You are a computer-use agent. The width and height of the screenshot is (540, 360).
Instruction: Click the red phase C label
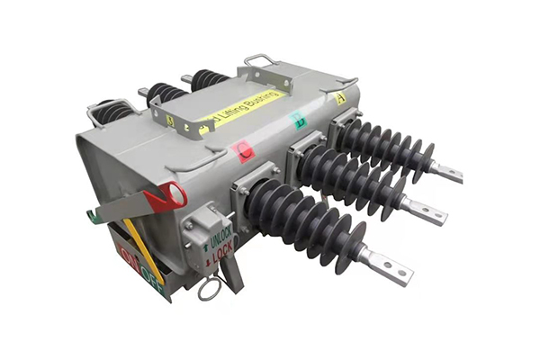coord(243,152)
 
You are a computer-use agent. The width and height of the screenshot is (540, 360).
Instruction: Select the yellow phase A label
coord(340,98)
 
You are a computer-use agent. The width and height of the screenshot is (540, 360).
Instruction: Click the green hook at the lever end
coord(93,216)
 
